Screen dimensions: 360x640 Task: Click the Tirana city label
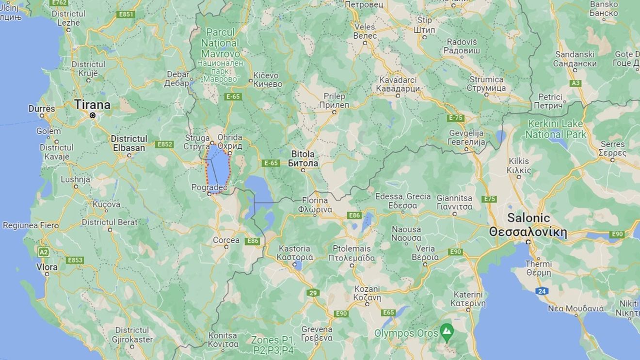click(92, 105)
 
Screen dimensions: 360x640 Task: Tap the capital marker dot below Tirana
click(92, 115)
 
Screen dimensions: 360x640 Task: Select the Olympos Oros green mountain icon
click(446, 332)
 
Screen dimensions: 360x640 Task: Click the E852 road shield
click(165, 144)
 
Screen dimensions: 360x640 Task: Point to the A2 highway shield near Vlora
click(44, 252)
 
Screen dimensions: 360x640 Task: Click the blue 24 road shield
click(542, 291)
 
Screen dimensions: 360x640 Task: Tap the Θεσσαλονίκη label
click(528, 232)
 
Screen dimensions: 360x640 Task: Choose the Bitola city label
click(303, 154)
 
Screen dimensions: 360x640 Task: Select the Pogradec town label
click(209, 187)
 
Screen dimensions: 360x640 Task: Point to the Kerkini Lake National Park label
click(556, 129)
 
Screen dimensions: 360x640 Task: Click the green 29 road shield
click(313, 293)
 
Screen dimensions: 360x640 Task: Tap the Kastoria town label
click(294, 249)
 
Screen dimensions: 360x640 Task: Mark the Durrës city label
click(42, 109)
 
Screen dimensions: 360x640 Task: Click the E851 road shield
click(126, 15)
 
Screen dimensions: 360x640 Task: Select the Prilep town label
click(334, 96)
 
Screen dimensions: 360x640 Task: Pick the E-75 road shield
click(456, 118)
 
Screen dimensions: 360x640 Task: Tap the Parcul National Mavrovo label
click(221, 43)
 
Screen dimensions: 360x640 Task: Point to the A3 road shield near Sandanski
click(576, 83)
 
